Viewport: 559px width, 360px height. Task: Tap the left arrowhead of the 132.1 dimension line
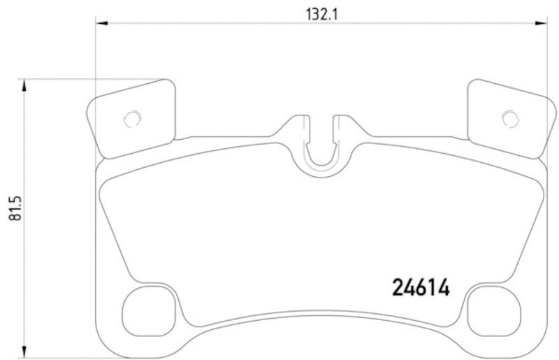101,24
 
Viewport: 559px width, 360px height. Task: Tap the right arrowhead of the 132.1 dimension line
543,24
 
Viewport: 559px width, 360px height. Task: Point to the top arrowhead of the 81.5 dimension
25,85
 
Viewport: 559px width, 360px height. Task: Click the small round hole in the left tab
131,119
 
